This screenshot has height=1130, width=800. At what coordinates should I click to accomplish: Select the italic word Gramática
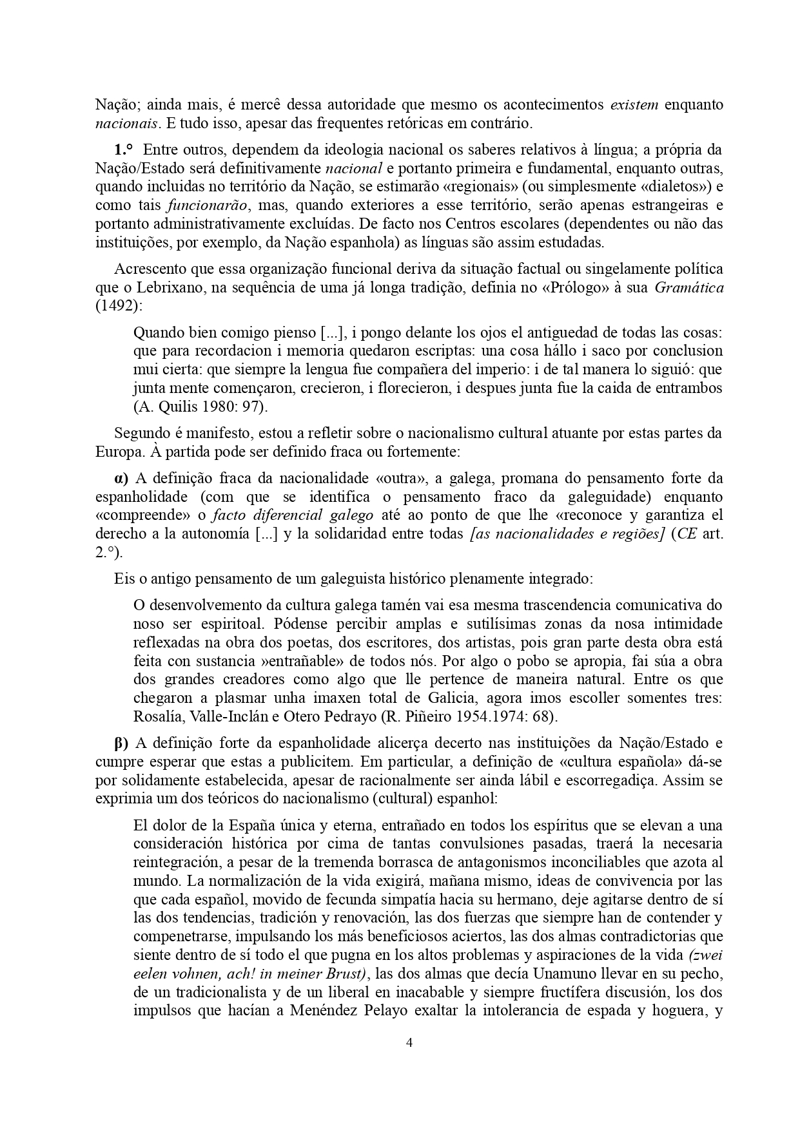click(688, 288)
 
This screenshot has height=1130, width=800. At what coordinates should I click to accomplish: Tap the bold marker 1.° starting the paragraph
click(124, 150)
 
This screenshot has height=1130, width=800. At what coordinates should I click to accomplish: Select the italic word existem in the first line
click(634, 104)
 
